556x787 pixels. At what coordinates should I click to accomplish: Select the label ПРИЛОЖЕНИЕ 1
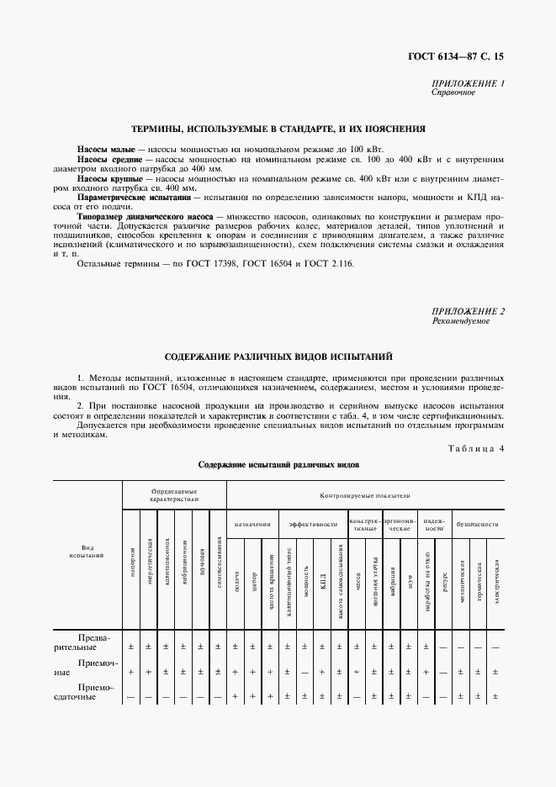[468, 84]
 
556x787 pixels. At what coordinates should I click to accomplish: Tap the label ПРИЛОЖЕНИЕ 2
[468, 312]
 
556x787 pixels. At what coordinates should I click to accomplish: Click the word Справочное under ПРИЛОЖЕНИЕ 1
[453, 93]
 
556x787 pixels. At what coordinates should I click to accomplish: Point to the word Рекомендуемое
[460, 321]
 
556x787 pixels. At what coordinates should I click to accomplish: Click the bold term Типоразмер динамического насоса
[145, 217]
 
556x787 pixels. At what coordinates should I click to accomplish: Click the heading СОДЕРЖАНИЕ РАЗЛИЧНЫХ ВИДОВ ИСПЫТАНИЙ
[278, 357]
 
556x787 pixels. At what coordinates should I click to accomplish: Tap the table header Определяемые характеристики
[174, 494]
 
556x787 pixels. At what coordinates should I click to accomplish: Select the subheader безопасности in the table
[477, 524]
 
